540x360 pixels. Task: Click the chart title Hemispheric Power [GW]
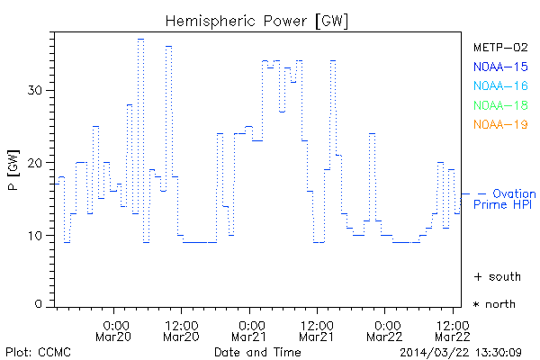coord(258,20)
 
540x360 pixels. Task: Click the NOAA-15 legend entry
coord(499,67)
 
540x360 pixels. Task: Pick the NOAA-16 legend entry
coord(499,86)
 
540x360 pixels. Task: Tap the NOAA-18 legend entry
coord(499,105)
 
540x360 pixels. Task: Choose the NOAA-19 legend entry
coord(499,124)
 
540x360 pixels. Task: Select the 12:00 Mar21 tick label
coord(317,330)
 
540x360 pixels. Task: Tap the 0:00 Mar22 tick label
coord(386,330)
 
